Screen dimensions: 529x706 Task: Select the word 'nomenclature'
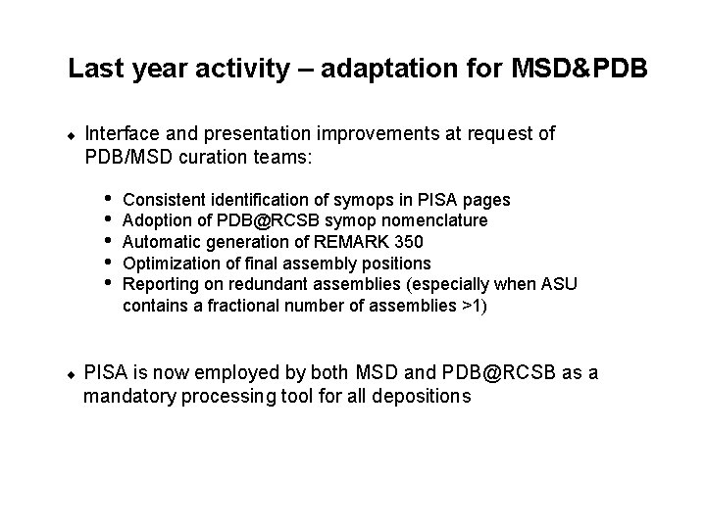tap(438, 220)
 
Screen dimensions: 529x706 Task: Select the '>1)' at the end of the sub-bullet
tap(474, 305)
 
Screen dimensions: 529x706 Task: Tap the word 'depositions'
tap(429, 397)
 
